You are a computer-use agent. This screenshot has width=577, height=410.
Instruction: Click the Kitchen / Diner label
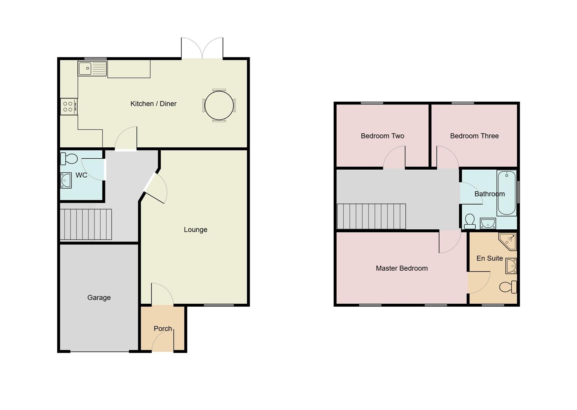[153, 104]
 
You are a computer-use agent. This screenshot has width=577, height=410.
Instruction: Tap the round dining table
[219, 106]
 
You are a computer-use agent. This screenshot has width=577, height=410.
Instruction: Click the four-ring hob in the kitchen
[68, 107]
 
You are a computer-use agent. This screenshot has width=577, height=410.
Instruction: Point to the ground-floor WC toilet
[69, 159]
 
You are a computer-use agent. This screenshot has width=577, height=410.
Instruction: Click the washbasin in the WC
[66, 180]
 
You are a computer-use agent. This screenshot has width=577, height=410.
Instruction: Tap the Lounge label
[195, 230]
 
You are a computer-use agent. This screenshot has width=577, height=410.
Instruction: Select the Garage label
[99, 298]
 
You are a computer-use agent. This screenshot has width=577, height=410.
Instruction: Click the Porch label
[162, 328]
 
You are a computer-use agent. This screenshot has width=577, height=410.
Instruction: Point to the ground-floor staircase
[86, 224]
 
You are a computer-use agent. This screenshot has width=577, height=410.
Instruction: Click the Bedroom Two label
[382, 136]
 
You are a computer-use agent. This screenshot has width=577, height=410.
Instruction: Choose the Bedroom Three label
[474, 136]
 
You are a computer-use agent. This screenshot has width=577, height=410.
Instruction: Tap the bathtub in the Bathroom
[506, 193]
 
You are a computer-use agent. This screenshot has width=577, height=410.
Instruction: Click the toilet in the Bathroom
[470, 221]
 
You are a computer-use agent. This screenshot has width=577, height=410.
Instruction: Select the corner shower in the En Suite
[508, 241]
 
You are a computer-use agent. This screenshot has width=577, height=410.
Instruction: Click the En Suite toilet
[508, 287]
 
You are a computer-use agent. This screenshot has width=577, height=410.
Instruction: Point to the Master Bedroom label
[402, 268]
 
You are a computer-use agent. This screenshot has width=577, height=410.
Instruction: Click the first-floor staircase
[371, 216]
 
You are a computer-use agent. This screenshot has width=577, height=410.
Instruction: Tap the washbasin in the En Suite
[511, 266]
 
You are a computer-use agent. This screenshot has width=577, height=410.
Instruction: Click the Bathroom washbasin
[488, 223]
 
